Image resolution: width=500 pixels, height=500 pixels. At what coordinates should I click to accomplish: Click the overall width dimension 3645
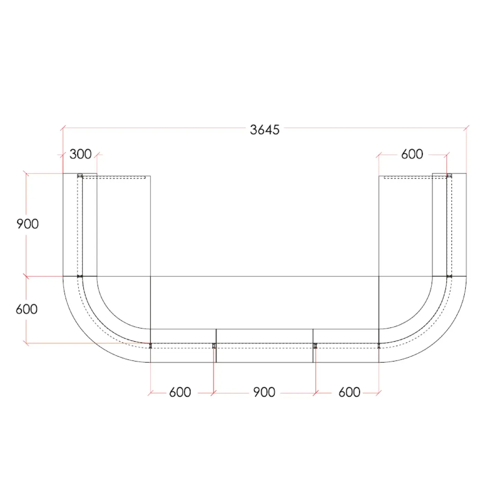point(265,130)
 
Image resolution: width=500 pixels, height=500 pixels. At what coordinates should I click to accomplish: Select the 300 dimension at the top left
point(80,154)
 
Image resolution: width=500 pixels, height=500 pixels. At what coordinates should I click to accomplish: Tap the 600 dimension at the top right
point(412,154)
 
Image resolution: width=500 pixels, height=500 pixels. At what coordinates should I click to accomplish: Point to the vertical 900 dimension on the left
point(27,224)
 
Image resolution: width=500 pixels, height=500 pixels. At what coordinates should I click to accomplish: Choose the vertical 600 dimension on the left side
point(26,309)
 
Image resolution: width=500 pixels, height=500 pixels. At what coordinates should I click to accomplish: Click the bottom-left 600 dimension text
point(180,392)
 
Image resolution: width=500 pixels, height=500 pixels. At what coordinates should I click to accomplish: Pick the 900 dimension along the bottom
point(264,392)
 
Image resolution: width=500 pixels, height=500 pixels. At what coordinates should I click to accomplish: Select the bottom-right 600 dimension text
point(349,392)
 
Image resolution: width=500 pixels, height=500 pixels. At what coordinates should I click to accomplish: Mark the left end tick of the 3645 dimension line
point(63,128)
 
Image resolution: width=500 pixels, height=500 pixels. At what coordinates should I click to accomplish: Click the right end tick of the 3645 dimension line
point(466,128)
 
